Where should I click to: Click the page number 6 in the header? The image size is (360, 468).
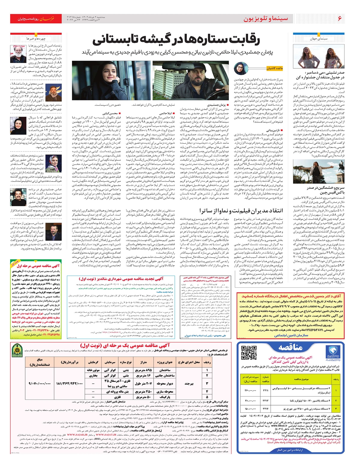[x=340, y=19]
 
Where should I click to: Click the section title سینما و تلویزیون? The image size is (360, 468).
[x=265, y=19]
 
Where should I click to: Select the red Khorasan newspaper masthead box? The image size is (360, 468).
[x=36, y=19]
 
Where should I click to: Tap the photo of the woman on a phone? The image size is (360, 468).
[x=112, y=80]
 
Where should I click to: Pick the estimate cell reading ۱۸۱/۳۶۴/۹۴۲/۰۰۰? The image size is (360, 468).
[x=69, y=383]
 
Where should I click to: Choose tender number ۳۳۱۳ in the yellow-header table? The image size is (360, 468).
[x=265, y=400]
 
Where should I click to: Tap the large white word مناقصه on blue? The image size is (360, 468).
[x=290, y=347]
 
